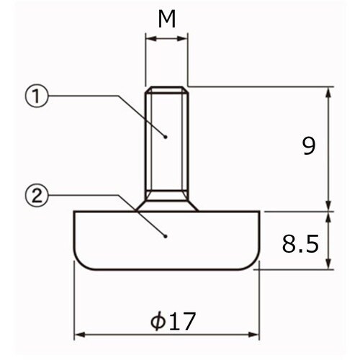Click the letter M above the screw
click(x=167, y=19)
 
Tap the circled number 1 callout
click(x=37, y=96)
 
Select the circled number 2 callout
click(x=37, y=195)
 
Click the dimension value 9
click(x=308, y=146)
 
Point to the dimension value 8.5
click(x=300, y=243)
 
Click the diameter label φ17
click(x=173, y=320)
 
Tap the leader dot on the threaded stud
click(x=166, y=137)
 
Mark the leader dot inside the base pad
click(x=166, y=236)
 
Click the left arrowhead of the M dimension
click(x=151, y=39)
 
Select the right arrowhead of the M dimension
click(x=182, y=39)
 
